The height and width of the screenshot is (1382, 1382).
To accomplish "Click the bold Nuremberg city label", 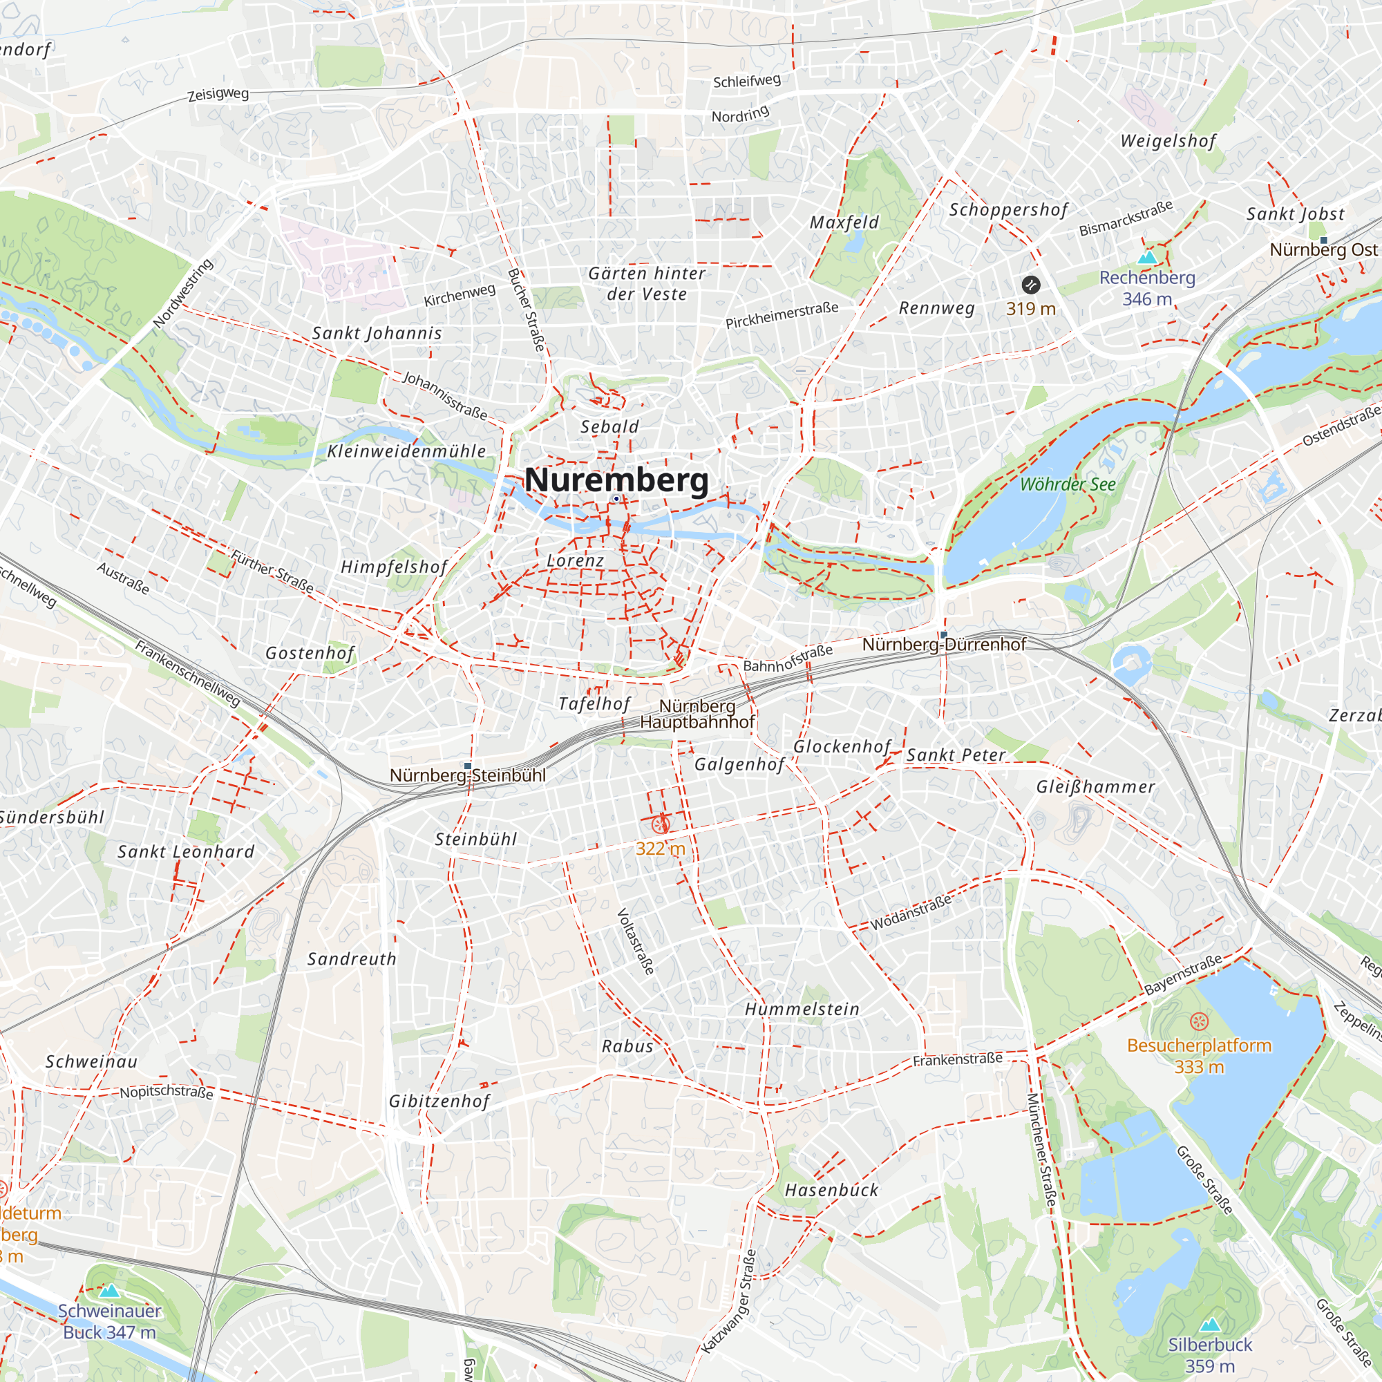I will [616, 480].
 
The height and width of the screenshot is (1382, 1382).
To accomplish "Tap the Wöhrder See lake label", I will [1068, 484].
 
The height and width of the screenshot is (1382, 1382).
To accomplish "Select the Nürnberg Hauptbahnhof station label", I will [697, 714].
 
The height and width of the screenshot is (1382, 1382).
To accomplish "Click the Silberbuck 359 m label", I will [1210, 1355].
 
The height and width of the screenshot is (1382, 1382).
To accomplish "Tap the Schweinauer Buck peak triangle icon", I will [108, 1291].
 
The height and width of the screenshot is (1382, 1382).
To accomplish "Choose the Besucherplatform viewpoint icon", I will [1200, 1021].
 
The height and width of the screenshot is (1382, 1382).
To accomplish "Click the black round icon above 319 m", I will [1030, 285].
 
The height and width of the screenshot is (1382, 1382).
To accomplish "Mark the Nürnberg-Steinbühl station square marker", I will [468, 766].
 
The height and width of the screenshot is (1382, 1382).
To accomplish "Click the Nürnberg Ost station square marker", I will [1323, 240].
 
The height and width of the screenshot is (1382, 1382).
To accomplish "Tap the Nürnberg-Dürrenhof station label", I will [943, 645].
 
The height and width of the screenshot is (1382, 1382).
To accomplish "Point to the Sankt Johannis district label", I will [377, 333].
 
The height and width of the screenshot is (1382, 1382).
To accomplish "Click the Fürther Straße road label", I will [272, 571].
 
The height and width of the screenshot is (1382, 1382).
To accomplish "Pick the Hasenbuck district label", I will [831, 1191].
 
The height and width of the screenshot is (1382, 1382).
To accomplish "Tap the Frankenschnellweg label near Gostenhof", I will [188, 674].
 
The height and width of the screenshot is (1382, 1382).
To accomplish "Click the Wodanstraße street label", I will [911, 912].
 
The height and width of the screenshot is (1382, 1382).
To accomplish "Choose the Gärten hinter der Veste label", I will [647, 283].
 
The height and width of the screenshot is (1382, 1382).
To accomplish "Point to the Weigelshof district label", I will [1168, 141].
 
